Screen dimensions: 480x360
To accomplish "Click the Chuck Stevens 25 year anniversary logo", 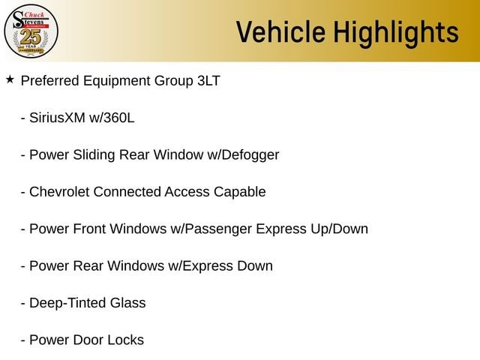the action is click(x=31, y=31).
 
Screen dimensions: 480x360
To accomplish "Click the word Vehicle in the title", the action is click(x=280, y=31).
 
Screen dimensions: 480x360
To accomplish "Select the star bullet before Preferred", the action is click(x=10, y=79).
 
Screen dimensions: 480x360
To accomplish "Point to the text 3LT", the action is click(x=208, y=81).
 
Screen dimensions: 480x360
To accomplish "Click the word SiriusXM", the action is click(x=57, y=118).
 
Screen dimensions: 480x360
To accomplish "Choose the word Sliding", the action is click(x=94, y=155).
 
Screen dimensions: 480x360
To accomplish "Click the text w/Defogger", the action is click(x=243, y=155).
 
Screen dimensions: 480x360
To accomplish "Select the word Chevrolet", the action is click(x=59, y=192).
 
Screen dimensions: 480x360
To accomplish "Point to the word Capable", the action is click(x=240, y=192).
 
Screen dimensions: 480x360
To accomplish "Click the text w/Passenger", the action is click(x=211, y=229).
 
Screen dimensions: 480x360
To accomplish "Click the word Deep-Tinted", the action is click(x=67, y=303).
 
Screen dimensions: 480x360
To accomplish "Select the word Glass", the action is click(x=128, y=303).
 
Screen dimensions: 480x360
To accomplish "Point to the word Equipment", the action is click(x=117, y=81).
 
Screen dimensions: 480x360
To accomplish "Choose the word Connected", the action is click(x=127, y=192).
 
